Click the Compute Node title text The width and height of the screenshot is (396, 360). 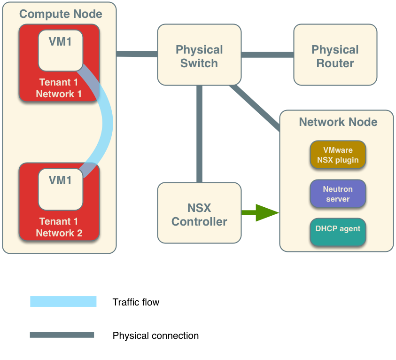pyautogui.click(x=60, y=14)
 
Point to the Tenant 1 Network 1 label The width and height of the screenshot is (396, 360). pyautogui.click(x=59, y=88)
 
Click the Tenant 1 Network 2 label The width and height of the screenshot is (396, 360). pyautogui.click(x=59, y=227)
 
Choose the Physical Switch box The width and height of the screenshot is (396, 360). pyautogui.click(x=199, y=55)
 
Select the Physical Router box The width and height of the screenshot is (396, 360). pyautogui.click(x=335, y=55)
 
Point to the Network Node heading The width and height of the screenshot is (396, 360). pyautogui.click(x=338, y=122)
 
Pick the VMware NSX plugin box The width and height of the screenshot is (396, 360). pyautogui.click(x=338, y=155)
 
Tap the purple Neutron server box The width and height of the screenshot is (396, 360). pyautogui.click(x=338, y=194)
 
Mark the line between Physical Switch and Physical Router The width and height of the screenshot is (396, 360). pyautogui.click(x=267, y=55)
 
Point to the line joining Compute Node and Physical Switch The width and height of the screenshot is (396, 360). pyautogui.click(x=136, y=54)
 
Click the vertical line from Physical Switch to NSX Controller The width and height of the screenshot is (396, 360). pyautogui.click(x=199, y=134)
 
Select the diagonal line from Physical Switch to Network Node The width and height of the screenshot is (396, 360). pyautogui.click(x=256, y=108)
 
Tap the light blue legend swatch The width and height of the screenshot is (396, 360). pyautogui.click(x=63, y=301)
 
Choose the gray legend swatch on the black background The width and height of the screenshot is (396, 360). pyautogui.click(x=62, y=335)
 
